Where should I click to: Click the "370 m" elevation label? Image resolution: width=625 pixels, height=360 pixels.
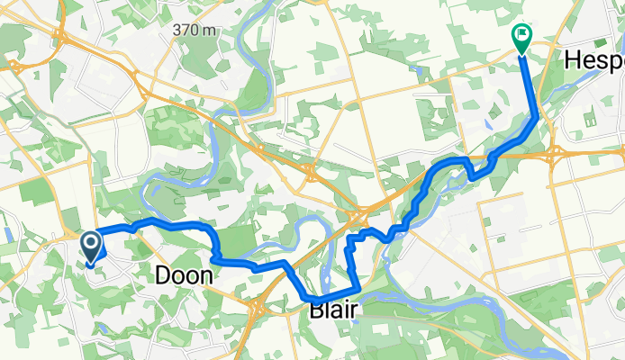click(195, 30)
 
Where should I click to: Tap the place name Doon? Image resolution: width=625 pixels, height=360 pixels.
click(184, 276)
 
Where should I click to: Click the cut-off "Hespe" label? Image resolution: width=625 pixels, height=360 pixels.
click(593, 61)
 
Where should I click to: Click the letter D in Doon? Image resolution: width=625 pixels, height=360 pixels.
click(164, 276)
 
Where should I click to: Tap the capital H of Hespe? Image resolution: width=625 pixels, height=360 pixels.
click(571, 61)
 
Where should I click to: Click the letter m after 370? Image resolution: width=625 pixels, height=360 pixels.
click(210, 30)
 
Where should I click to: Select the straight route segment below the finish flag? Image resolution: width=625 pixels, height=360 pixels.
click(530, 85)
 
